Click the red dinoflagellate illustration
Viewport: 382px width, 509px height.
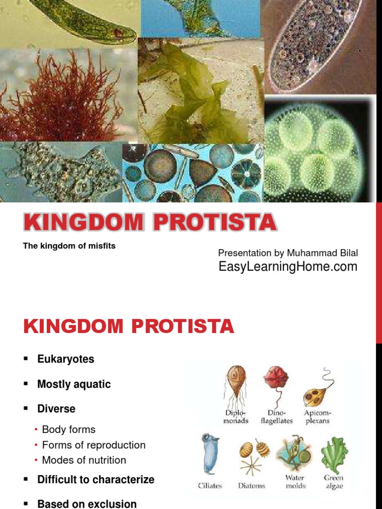coord(276,379)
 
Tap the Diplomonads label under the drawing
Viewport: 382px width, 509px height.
coord(236,417)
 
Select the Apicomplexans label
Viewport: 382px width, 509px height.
coord(317,417)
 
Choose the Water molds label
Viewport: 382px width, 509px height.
coord(295,482)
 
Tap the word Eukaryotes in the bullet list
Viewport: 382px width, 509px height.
coord(66,359)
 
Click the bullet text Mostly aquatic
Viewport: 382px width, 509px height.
coord(74,384)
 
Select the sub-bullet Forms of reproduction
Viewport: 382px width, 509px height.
coord(94,445)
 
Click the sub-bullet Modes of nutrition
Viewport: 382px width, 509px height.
coord(84,460)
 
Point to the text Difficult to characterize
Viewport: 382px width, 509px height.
coord(96,480)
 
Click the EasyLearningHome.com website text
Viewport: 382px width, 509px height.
coord(288,267)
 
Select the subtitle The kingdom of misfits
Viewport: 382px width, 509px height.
coord(69,246)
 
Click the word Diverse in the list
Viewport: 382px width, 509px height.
coord(56,409)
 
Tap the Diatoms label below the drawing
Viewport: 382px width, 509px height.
coord(251,486)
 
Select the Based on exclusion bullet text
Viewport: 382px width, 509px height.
coord(87,504)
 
